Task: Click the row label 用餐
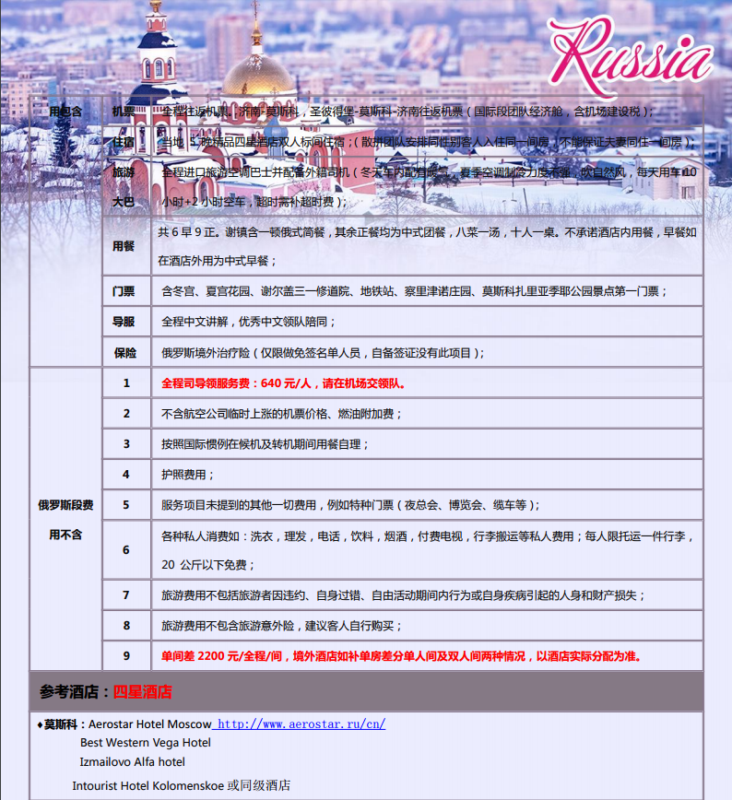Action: click(x=124, y=246)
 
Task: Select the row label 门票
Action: click(x=124, y=291)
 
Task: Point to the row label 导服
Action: click(x=124, y=322)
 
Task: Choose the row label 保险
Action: click(x=125, y=352)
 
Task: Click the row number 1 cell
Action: click(x=126, y=383)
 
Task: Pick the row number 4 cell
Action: click(x=126, y=474)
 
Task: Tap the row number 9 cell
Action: click(x=126, y=656)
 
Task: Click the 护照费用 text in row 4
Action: click(x=188, y=474)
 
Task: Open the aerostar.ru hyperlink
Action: click(x=301, y=724)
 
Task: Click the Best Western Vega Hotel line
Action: click(x=145, y=743)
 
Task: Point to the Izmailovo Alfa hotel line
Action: click(x=132, y=762)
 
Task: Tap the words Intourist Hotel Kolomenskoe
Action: click(x=148, y=785)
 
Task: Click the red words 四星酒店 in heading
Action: click(x=143, y=691)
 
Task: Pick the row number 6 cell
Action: click(x=126, y=550)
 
